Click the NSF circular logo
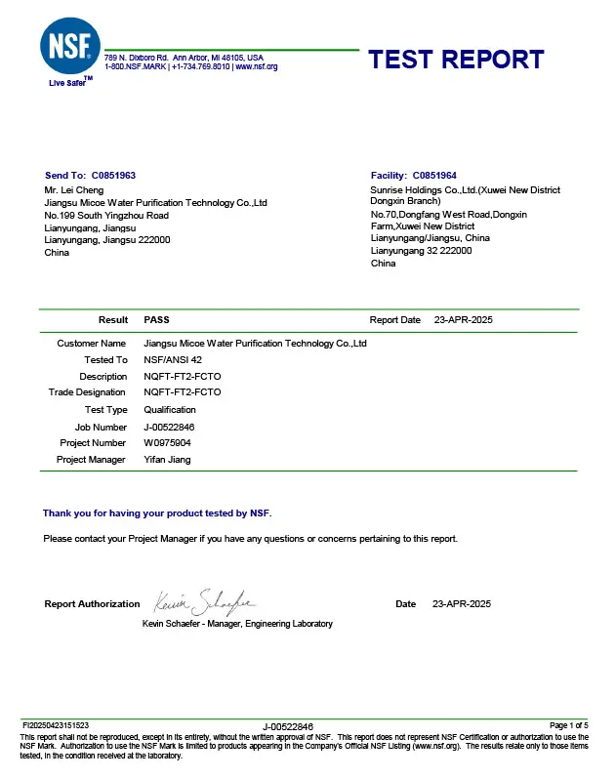(x=68, y=46)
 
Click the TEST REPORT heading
(x=456, y=59)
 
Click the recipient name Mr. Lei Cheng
(x=74, y=189)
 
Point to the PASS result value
(x=157, y=320)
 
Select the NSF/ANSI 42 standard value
(x=172, y=360)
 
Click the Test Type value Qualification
(x=170, y=410)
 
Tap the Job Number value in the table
(x=169, y=427)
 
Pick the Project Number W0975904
(x=168, y=443)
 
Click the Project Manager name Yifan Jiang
(x=167, y=460)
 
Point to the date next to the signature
(x=462, y=604)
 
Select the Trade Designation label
(x=88, y=393)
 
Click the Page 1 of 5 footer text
(x=569, y=725)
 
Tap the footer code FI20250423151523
(x=56, y=725)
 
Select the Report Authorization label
(x=93, y=604)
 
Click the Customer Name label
(x=92, y=344)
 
